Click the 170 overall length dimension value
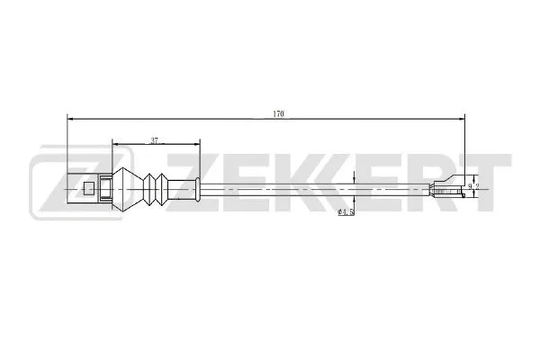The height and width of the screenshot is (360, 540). click(x=279, y=112)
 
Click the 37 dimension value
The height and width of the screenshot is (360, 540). click(x=155, y=139)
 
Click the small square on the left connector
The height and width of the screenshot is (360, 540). click(x=88, y=189)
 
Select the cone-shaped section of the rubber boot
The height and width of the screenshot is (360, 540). click(x=129, y=189)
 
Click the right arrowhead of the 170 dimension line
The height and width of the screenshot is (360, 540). click(x=463, y=118)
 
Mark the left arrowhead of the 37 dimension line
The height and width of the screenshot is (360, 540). click(x=114, y=143)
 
